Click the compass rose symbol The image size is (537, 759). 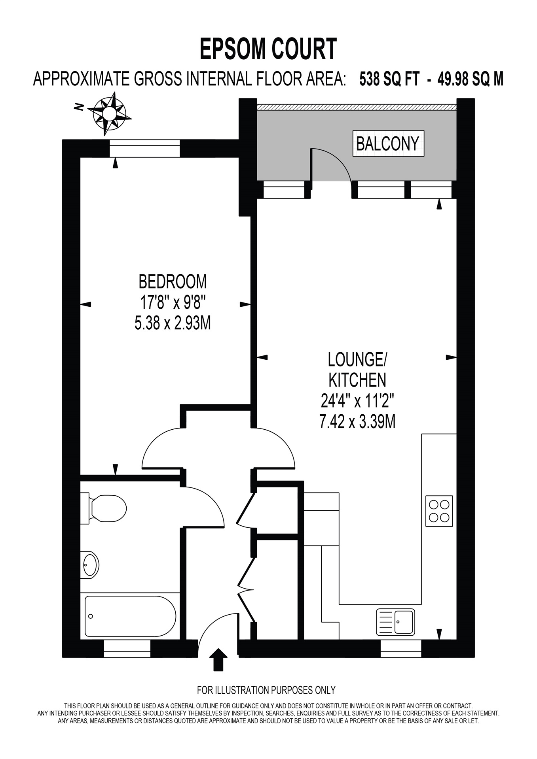pos(109,114)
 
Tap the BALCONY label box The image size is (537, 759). pos(388,143)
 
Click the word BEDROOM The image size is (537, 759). pos(173,282)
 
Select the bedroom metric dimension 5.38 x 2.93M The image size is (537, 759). pos(173,323)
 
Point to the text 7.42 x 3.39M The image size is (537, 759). pos(357,421)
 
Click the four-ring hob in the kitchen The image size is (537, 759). pos(439,511)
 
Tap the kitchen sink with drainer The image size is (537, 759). pos(395,622)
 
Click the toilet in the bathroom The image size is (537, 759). pos(105,508)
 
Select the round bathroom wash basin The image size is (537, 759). pos(90,565)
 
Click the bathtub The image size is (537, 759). pos(130,616)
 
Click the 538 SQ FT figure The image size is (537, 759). pos(389,79)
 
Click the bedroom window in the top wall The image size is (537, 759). pos(144,149)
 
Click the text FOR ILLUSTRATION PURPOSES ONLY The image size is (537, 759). pos(266,690)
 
